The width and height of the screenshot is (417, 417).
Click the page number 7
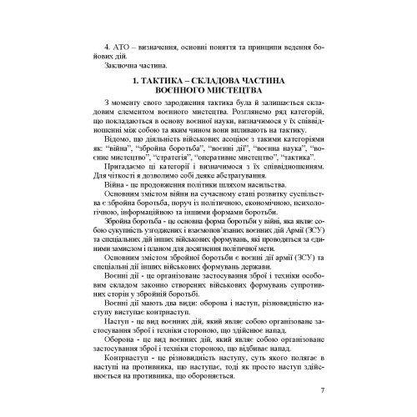(322, 389)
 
